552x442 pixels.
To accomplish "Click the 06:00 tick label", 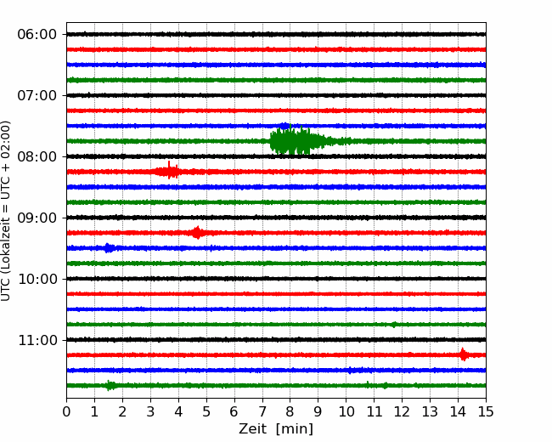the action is [37, 35].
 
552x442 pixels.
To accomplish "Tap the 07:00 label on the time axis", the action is [37, 95].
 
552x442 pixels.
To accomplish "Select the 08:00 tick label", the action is [37, 157].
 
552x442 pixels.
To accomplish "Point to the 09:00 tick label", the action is [37, 218].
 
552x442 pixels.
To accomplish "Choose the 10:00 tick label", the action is [37, 279].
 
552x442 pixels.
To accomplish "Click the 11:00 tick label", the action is [37, 341].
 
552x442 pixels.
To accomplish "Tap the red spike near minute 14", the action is [464, 354].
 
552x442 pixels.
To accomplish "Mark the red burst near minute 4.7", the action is [197, 233].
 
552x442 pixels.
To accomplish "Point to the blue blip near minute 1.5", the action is [109, 248].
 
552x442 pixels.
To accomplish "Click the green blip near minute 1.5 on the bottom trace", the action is [110, 385].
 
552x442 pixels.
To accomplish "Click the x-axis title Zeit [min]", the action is [276, 429].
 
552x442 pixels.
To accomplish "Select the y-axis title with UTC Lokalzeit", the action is [5, 211].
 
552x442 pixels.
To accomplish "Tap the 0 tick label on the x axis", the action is [66, 411].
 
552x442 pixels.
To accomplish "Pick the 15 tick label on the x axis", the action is [486, 411].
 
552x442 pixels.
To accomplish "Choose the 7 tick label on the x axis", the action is [262, 411].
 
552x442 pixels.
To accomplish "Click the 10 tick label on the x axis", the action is [346, 411].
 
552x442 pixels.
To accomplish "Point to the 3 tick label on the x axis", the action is [150, 411].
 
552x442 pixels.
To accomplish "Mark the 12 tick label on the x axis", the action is [402, 411].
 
